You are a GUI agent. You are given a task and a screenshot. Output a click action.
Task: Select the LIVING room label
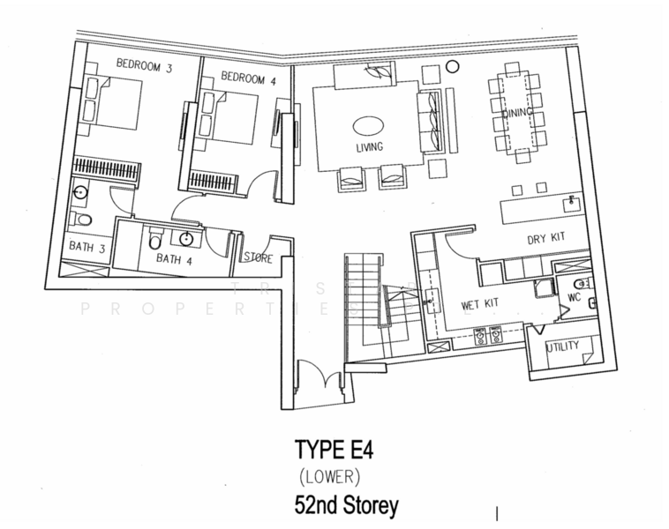[369, 147]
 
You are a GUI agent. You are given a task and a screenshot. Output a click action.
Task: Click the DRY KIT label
[544, 238]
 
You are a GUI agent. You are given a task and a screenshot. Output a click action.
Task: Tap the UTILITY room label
[562, 346]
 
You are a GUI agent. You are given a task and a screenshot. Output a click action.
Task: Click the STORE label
[259, 258]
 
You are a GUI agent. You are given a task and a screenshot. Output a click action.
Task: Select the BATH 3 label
[88, 249]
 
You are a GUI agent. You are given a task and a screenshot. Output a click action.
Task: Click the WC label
[573, 297]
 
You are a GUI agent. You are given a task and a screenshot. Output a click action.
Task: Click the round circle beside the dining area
[453, 65]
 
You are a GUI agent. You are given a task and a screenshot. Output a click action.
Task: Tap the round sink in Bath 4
[188, 239]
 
